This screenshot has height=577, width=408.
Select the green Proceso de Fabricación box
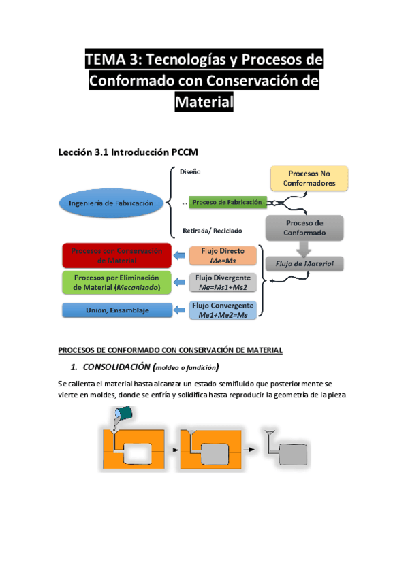pos(227,203)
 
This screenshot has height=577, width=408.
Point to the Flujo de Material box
pos(304,264)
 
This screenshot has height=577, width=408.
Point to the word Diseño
pos(190,172)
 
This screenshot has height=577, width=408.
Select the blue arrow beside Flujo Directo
pos(180,256)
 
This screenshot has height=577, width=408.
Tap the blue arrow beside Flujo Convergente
pos(180,310)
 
